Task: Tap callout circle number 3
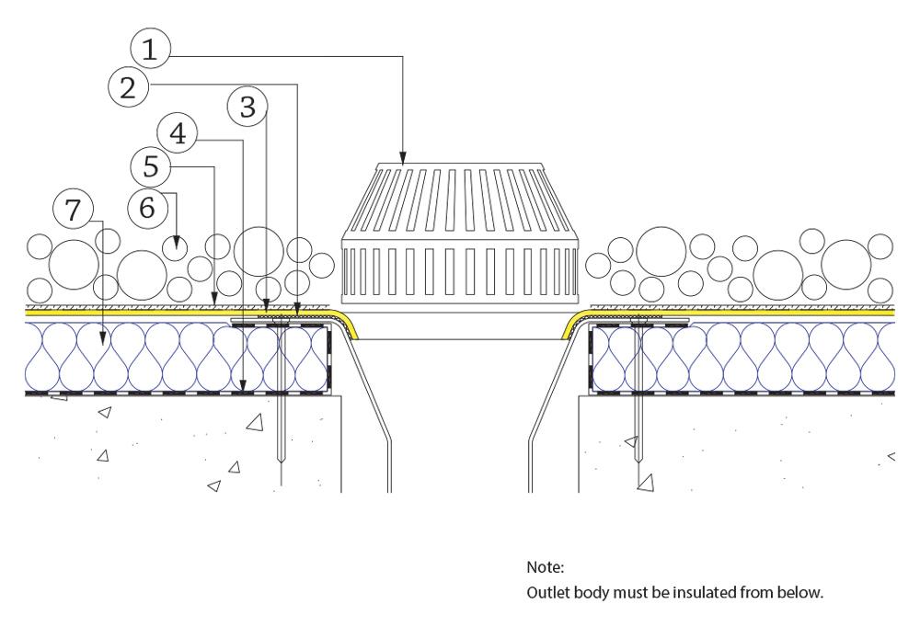pos(247,107)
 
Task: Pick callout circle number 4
pos(178,134)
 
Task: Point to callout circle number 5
pos(151,167)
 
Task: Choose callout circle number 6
pos(147,207)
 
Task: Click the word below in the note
pos(803,593)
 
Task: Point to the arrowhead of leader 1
pos(403,162)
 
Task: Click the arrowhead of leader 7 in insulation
pos(103,346)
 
